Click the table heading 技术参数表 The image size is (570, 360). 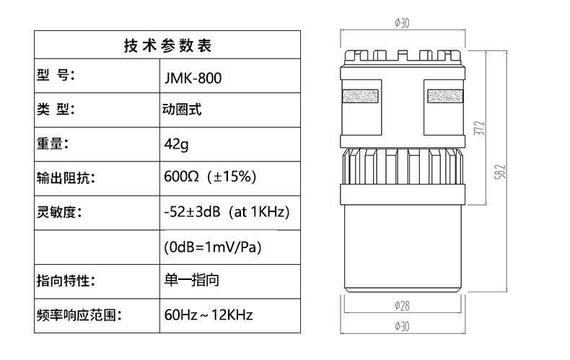(x=167, y=46)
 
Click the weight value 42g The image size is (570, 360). (x=176, y=144)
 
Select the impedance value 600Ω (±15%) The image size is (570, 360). (x=210, y=177)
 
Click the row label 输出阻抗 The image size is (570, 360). (x=66, y=177)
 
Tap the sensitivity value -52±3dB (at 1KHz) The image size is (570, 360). (x=227, y=212)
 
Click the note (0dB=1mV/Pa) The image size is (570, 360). (x=213, y=247)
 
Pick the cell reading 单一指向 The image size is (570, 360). (x=191, y=281)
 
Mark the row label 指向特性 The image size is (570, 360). (x=66, y=281)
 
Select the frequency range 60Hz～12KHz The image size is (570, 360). (x=209, y=315)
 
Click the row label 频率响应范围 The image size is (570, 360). (x=76, y=315)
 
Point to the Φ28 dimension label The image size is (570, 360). (x=402, y=305)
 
